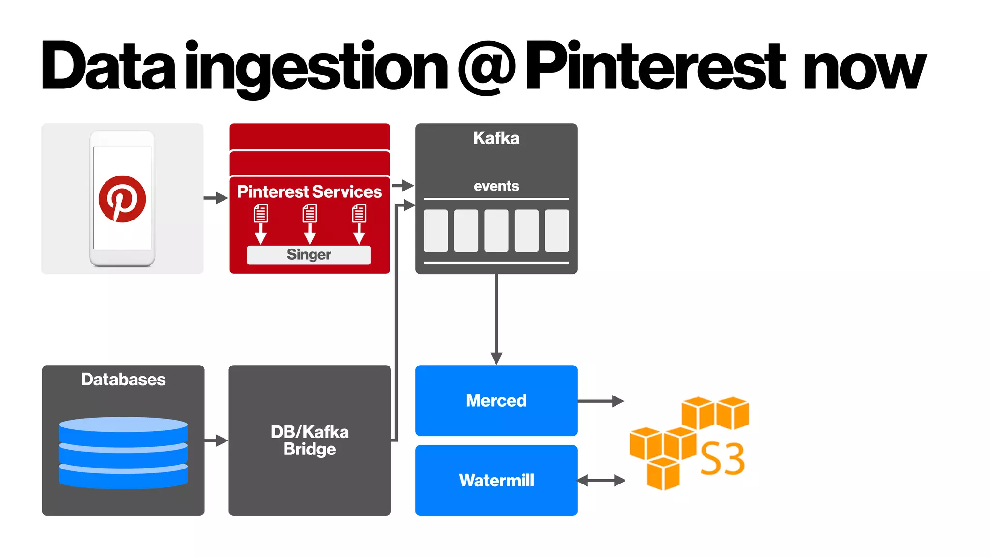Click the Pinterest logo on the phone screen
coord(122,199)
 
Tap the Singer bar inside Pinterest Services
coord(309,255)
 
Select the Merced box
coord(496,400)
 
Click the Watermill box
coord(496,480)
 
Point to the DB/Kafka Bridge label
coord(310,440)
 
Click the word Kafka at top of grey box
coord(496,138)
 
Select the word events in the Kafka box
coord(496,186)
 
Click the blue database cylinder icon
coord(123,453)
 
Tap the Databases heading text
coord(123,380)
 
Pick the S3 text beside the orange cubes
coord(722,459)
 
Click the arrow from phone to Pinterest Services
coord(215,198)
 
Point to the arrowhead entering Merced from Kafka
coord(496,358)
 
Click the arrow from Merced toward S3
coord(600,401)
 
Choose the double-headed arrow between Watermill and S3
coord(601,480)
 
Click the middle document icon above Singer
coord(310,213)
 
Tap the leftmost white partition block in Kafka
coord(435,231)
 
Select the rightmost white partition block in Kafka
coord(556,231)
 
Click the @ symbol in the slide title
coord(487,67)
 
